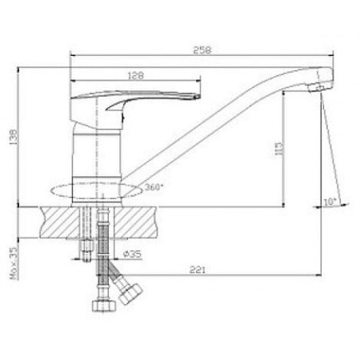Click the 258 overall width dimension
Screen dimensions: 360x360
pyautogui.click(x=202, y=49)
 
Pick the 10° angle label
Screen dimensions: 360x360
pyautogui.click(x=331, y=201)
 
